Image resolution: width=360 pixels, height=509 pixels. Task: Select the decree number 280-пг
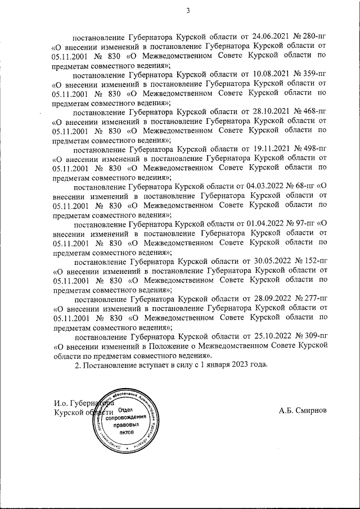[314, 35]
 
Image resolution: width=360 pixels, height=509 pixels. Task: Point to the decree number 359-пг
[314, 74]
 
